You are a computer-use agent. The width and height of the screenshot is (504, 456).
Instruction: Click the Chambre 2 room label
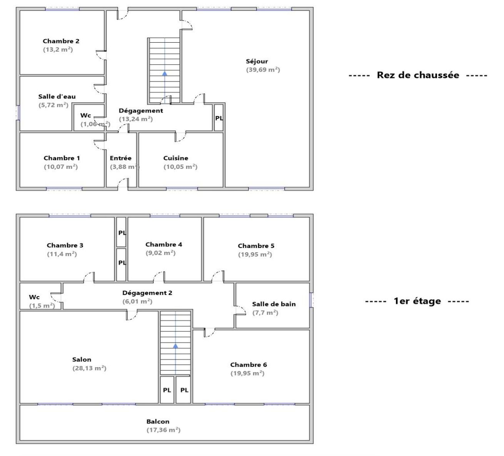coord(61,41)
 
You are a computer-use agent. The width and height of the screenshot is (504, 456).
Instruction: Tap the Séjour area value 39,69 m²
coord(263,70)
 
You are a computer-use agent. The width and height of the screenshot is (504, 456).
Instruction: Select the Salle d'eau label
coord(57,97)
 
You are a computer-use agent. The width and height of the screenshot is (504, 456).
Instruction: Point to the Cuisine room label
coord(175,158)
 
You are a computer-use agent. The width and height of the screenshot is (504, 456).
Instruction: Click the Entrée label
coord(120,158)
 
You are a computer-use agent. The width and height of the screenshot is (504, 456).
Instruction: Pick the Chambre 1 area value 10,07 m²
coord(61,166)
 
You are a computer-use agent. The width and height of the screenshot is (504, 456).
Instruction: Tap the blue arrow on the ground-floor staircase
coord(165,73)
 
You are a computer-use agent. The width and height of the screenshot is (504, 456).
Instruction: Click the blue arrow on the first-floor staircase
coord(175,346)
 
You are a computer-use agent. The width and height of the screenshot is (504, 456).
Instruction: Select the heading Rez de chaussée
coord(418,75)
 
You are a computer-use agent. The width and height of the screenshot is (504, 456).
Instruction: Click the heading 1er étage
coord(417,301)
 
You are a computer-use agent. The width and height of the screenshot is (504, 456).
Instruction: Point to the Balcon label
coord(158,421)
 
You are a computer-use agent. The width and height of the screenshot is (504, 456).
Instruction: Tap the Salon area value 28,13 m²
coord(89,368)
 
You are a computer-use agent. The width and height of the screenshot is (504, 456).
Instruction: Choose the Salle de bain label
coord(274,304)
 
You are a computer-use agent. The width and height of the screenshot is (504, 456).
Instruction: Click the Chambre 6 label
coord(249,364)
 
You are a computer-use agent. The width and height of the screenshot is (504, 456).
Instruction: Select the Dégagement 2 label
coord(147,293)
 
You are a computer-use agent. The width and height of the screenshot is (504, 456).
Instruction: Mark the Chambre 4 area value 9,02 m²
coord(160,253)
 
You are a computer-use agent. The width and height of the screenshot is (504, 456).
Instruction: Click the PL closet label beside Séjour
coord(219,118)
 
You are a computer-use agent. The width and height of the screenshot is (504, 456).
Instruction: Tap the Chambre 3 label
coord(65,245)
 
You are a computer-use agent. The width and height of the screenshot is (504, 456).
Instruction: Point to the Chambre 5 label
coord(256,246)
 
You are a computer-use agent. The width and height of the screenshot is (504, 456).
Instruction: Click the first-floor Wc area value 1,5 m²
coord(42,306)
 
